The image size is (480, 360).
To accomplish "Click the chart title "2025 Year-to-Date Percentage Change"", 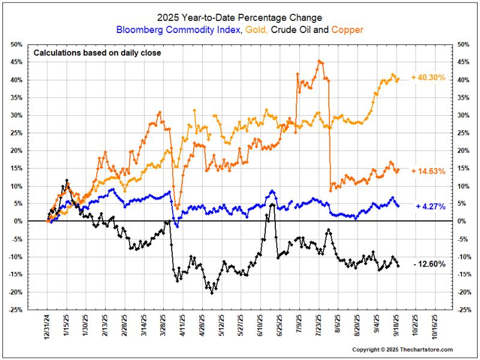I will tap(240, 17).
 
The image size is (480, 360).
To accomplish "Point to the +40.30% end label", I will tap(428, 77).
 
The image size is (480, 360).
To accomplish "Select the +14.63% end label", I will tap(428, 171).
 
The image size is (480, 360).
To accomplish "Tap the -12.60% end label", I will tap(429, 265).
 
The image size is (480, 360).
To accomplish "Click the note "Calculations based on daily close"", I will tap(97, 53).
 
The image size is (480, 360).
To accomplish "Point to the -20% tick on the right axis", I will tap(464, 292).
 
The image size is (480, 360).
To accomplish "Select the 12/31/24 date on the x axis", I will tap(47, 328).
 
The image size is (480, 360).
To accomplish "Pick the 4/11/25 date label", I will tap(183, 328).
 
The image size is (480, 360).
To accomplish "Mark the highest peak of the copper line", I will tap(319, 61).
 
